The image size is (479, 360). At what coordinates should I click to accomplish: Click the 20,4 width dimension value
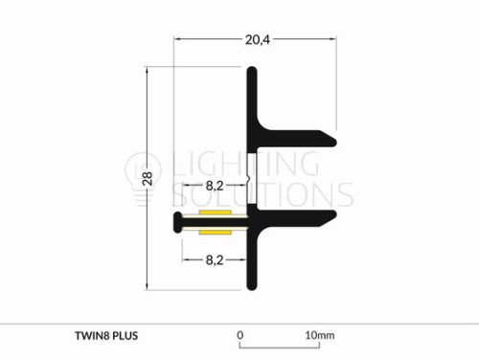coord(258,40)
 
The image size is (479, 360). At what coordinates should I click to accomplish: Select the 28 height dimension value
coord(148,179)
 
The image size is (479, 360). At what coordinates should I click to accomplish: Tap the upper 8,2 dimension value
coord(215,186)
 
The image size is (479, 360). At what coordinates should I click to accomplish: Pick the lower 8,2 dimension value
coord(215,260)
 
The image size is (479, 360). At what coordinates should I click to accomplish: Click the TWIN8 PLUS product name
coord(106,336)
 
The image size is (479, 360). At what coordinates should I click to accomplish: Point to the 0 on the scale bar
coord(240,335)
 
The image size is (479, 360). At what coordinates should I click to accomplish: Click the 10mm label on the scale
coord(320,335)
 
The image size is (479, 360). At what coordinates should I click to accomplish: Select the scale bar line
coord(280,347)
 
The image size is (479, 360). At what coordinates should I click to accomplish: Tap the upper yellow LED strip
coord(215,213)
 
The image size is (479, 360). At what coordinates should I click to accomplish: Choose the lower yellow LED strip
coord(215,232)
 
